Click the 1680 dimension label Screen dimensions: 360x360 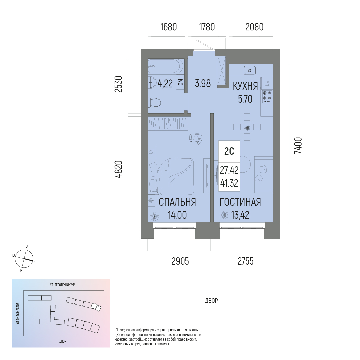[168, 27]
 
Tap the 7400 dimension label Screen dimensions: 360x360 [298, 145]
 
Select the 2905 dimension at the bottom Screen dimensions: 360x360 [180, 261]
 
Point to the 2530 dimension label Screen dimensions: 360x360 [119, 84]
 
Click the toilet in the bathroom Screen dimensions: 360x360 [154, 102]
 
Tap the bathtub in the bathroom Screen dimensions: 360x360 [166, 66]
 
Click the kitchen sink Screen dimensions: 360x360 [250, 70]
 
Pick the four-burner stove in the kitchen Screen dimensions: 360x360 [267, 96]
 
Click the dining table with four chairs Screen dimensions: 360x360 [247, 127]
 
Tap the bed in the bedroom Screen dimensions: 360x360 [171, 176]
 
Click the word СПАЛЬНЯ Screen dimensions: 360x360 [177, 202]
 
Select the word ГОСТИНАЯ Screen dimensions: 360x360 [240, 202]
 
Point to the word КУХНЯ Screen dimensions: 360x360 [245, 86]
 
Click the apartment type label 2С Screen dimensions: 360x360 [229, 151]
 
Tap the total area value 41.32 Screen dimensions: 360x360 [229, 183]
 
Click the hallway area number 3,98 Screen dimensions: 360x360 [203, 84]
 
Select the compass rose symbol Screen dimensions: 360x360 [24, 259]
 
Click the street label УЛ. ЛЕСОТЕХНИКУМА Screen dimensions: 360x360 [63, 285]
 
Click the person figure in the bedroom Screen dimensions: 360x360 [196, 138]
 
